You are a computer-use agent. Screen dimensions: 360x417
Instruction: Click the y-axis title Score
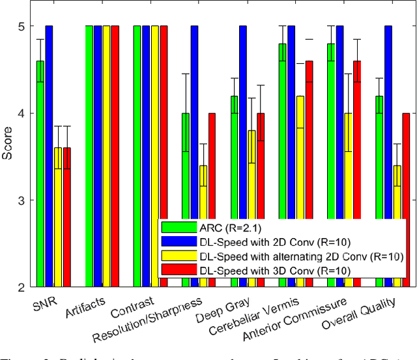click(x=7, y=157)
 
